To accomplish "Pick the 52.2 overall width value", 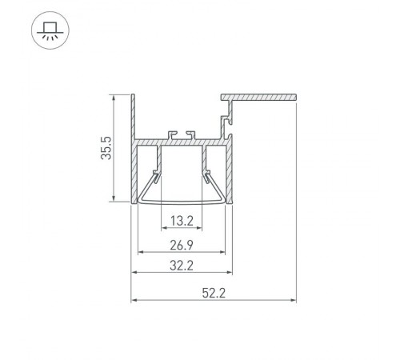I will pyautogui.click(x=214, y=293).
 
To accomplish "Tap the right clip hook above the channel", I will pyautogui.click(x=190, y=130).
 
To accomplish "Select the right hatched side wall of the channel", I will pyautogui.click(x=229, y=168).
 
